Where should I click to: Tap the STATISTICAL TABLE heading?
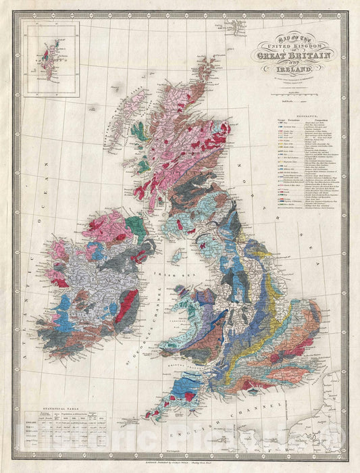[x=54, y=409]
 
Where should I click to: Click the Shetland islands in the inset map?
[x=45, y=51]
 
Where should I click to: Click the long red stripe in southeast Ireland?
[x=123, y=306]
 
